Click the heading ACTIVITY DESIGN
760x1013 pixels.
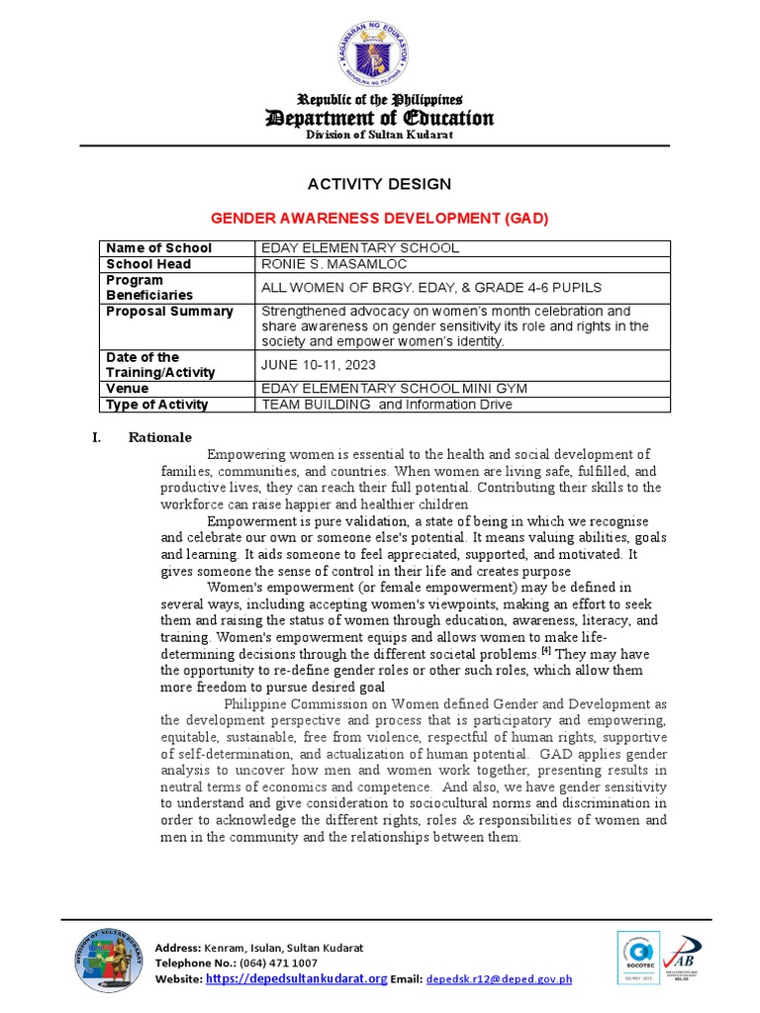point(380,184)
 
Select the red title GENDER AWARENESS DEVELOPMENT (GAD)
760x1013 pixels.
point(380,218)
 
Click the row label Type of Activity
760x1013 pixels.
point(156,404)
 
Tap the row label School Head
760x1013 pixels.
point(148,264)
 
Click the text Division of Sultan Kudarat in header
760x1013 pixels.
point(379,135)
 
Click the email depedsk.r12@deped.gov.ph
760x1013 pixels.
point(499,979)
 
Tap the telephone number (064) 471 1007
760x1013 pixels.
point(262,963)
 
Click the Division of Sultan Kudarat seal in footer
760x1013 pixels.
point(107,961)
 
